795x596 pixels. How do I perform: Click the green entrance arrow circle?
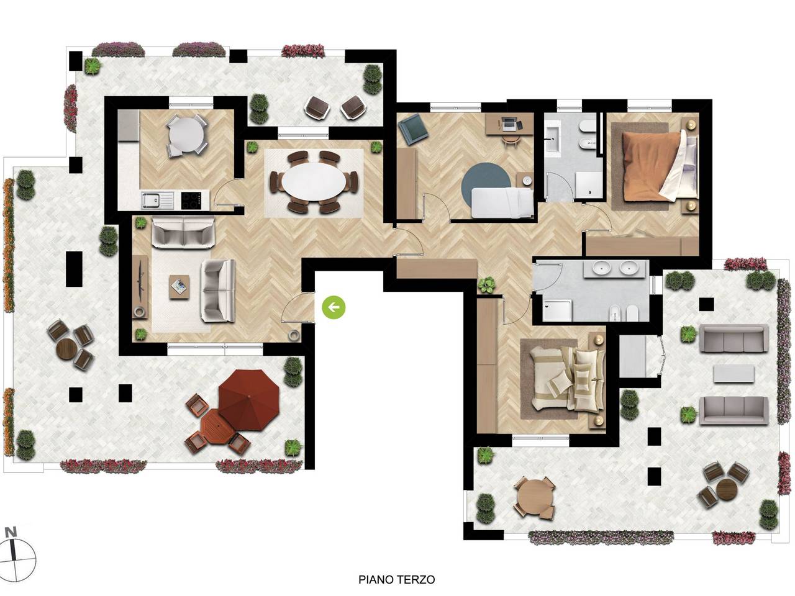tap(334, 307)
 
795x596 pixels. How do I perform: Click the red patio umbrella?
tap(249, 399)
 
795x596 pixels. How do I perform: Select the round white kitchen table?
tap(186, 137)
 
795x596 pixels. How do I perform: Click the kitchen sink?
tap(158, 200)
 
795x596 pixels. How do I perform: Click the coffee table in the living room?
tap(179, 287)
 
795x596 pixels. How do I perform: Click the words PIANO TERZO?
tap(397, 580)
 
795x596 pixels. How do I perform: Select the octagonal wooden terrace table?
tap(217, 428)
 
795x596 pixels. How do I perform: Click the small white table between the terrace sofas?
tap(734, 374)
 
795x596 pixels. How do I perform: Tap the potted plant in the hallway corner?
tap(486, 284)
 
